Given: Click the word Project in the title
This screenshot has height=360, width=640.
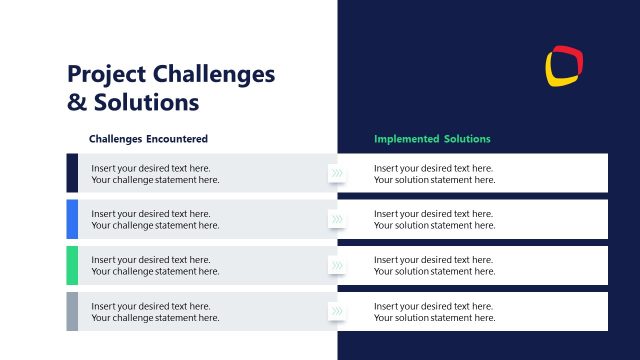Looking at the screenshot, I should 104,75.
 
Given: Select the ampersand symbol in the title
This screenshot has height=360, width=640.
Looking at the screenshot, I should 76,102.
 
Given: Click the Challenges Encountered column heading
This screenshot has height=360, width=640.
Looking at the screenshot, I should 148,139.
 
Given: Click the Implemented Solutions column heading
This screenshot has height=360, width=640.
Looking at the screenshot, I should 432,139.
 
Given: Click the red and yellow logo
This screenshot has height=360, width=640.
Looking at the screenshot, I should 564,65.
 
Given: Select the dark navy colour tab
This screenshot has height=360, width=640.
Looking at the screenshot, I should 72,173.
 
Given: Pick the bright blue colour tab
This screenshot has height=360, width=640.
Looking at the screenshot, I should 72,219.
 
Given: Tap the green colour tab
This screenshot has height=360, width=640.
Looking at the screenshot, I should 72,265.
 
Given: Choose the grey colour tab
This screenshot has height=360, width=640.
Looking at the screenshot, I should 72,311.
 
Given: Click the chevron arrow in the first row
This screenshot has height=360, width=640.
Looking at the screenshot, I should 337,174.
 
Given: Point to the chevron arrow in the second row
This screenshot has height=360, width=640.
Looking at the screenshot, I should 337,220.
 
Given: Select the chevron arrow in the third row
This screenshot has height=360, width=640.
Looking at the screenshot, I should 337,266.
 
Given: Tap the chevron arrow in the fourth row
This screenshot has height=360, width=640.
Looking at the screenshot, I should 337,312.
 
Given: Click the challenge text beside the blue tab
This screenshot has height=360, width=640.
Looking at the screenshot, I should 155,219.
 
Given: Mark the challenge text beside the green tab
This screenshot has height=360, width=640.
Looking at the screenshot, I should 155,265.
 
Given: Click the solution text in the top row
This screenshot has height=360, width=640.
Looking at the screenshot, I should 434,174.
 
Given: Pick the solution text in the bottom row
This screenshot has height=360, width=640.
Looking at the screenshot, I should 434,312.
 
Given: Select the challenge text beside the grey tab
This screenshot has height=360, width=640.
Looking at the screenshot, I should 155,311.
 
